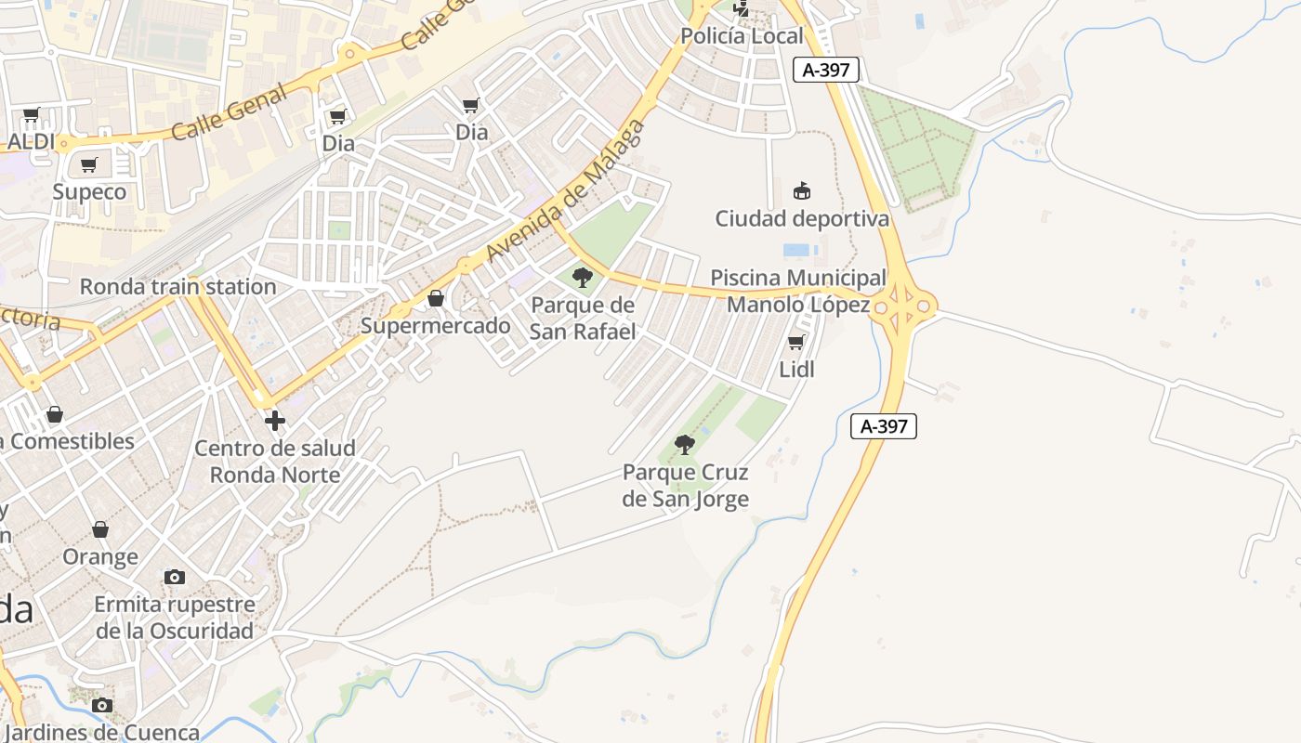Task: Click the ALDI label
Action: (32, 142)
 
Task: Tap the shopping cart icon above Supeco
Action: (89, 165)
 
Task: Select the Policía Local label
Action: (742, 36)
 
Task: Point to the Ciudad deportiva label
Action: (801, 219)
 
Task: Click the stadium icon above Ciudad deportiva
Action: (801, 191)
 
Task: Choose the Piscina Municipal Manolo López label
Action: (798, 291)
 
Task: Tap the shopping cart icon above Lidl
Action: (796, 343)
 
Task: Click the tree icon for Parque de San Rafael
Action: (583, 277)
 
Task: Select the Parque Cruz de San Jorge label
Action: (685, 486)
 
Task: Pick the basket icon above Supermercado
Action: (436, 298)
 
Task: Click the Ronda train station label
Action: (177, 286)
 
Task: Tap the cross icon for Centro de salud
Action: (275, 421)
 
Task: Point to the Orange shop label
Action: (100, 557)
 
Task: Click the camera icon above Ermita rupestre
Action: (174, 578)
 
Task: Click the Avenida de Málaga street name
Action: (565, 191)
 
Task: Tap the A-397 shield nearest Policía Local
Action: (826, 70)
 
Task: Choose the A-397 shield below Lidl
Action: (884, 426)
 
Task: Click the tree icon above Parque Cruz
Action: (685, 445)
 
